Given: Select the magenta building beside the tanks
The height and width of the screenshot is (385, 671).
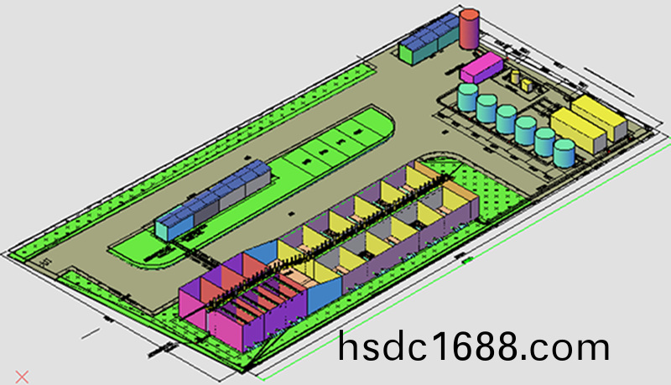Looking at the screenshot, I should (480, 67).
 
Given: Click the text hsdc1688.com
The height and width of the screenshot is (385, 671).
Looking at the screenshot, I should (474, 347).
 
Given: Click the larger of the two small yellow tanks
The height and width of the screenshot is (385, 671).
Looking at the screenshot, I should (526, 85).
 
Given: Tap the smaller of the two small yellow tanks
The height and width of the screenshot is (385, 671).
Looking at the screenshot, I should (514, 77).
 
